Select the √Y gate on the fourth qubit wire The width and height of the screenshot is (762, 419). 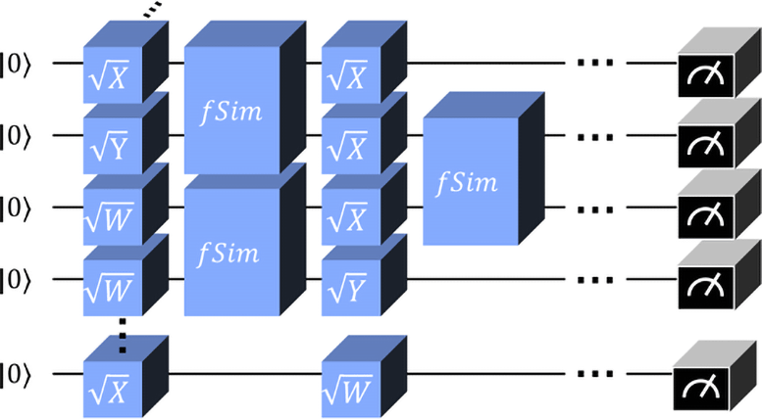(351, 286)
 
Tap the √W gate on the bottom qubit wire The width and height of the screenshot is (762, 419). (351, 382)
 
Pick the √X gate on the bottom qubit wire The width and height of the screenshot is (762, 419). (113, 382)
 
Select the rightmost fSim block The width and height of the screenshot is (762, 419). (471, 181)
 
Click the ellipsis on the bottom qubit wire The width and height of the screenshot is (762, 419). (595, 374)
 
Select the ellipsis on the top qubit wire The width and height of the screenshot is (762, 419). (595, 65)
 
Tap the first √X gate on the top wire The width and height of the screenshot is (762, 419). (113, 73)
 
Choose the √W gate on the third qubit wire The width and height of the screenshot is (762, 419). (113, 215)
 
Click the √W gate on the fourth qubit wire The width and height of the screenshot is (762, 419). (113, 286)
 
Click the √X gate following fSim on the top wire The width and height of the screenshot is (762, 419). (351, 73)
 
